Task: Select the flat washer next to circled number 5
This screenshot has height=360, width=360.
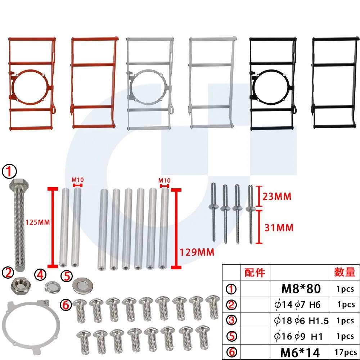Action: [83, 286]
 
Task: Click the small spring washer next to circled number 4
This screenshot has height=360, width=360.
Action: [53, 286]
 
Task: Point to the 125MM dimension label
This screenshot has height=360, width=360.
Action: [38, 222]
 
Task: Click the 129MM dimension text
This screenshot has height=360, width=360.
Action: [197, 252]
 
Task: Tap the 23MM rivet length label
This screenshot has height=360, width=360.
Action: [277, 196]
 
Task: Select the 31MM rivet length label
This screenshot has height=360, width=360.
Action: [279, 228]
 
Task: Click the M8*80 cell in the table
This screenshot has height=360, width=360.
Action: [301, 289]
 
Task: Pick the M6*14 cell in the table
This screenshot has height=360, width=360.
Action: [300, 352]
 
